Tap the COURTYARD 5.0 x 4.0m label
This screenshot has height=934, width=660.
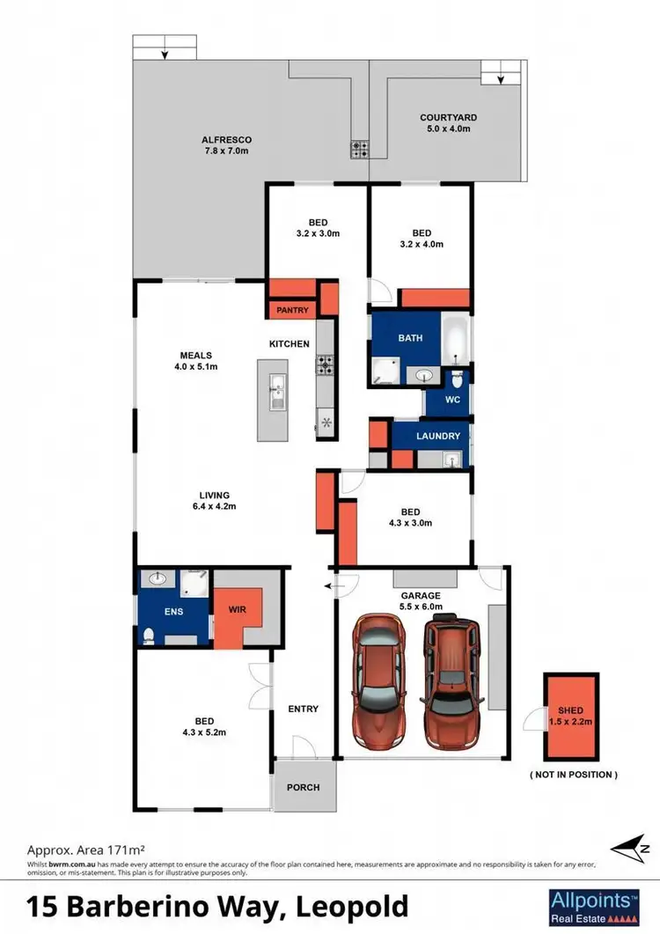(x=448, y=123)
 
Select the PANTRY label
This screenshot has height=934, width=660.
(x=292, y=310)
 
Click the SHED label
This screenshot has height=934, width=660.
(x=570, y=710)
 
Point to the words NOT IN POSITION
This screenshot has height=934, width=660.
(x=573, y=775)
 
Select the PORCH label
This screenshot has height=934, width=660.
(x=304, y=787)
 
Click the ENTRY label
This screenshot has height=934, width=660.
(x=303, y=709)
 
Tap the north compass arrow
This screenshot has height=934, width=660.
(x=631, y=849)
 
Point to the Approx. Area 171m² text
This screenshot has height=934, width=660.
(x=85, y=850)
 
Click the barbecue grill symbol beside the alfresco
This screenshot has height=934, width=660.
(x=359, y=149)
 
